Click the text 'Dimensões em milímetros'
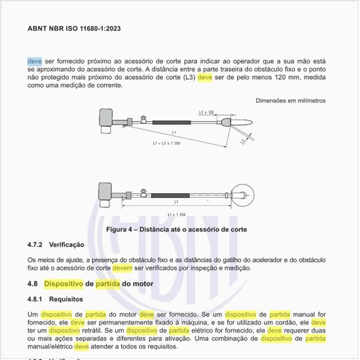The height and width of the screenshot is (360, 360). (291, 101)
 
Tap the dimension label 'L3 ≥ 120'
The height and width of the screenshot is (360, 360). (207, 113)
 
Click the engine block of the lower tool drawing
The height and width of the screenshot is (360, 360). (103, 190)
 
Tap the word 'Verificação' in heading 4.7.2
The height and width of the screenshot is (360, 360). (67, 245)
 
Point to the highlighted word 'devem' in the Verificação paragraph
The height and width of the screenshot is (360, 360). (122, 268)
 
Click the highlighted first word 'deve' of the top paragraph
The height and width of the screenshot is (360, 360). (34, 62)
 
